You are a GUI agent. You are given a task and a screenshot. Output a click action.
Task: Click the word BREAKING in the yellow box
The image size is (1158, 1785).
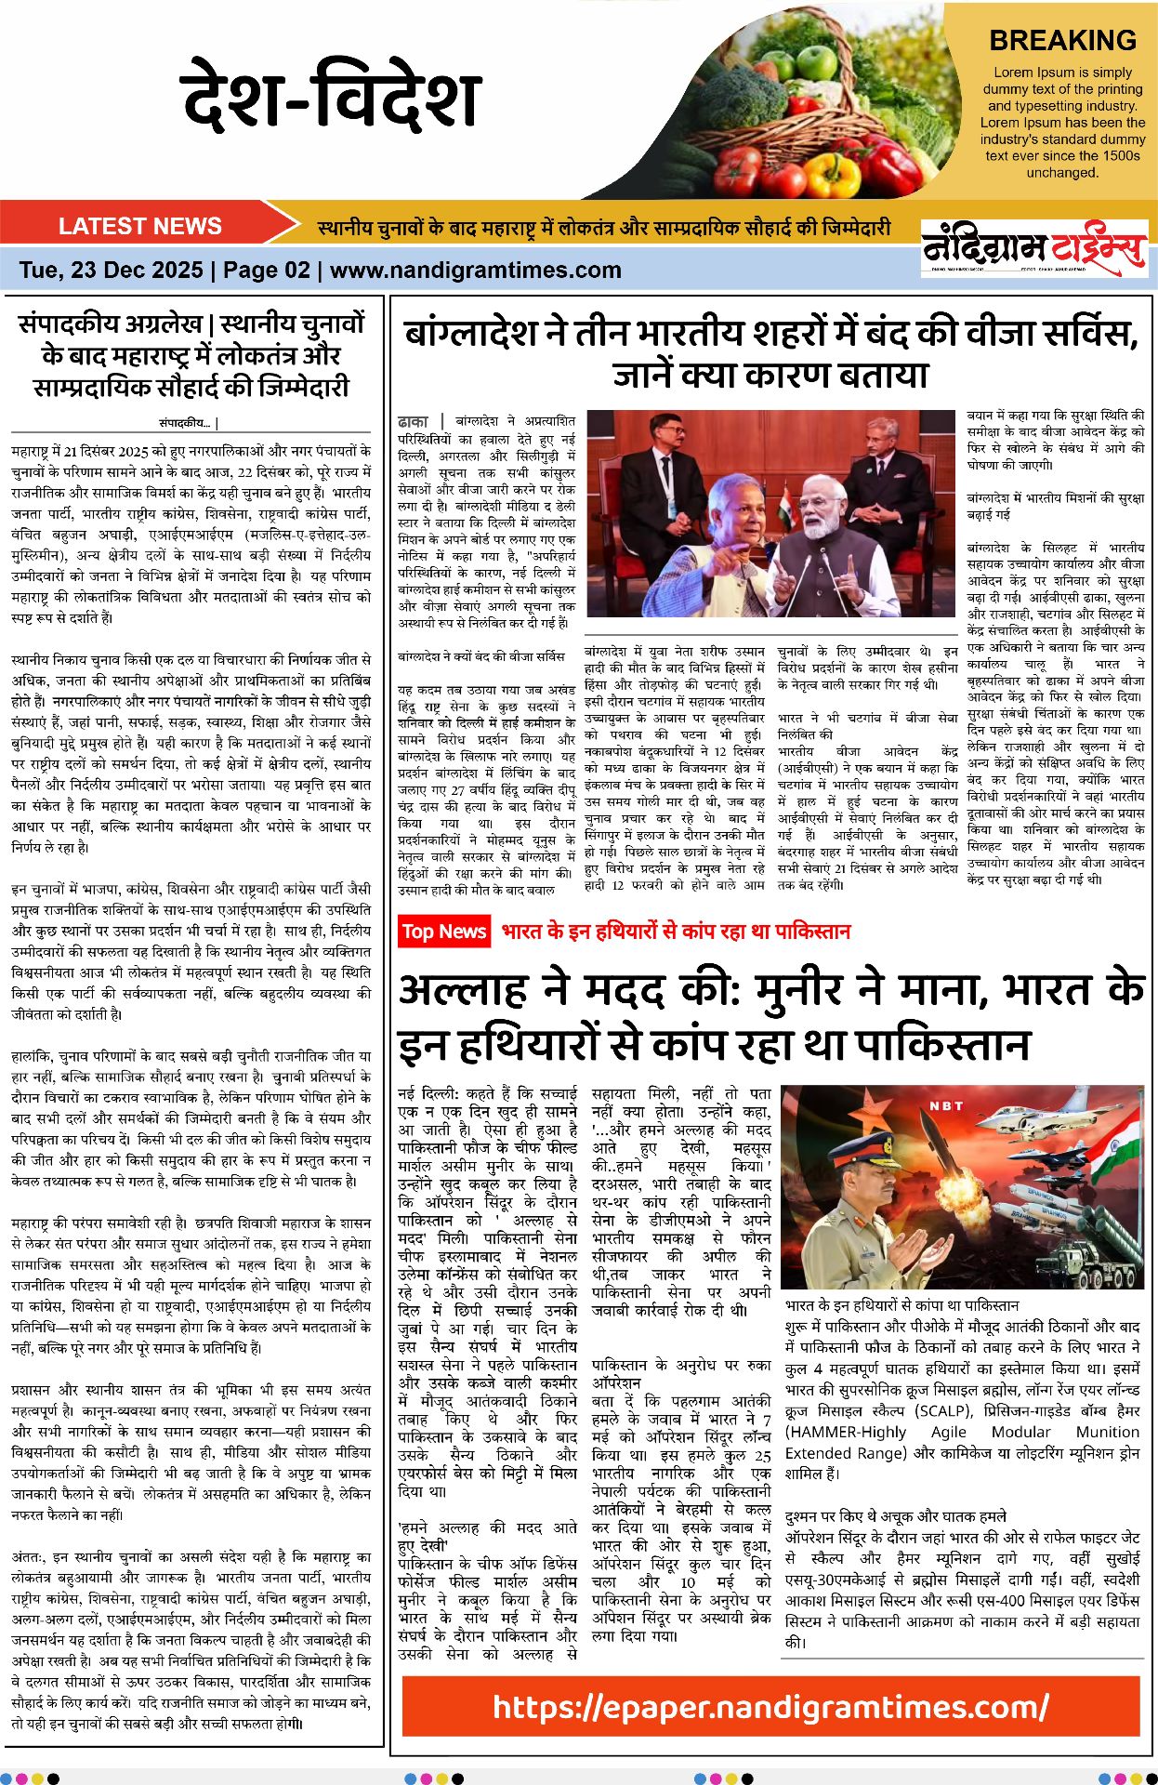click(1062, 40)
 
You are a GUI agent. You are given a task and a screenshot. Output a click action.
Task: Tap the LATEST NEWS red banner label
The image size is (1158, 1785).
click(139, 226)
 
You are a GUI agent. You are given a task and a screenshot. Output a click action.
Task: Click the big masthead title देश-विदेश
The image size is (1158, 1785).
click(331, 95)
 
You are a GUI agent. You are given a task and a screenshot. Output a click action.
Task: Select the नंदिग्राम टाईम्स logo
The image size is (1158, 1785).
click(1033, 247)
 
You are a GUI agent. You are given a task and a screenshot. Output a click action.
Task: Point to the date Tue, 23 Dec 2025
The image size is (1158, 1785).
click(111, 271)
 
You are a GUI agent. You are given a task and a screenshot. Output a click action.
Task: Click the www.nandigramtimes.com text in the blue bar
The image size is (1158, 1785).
click(475, 271)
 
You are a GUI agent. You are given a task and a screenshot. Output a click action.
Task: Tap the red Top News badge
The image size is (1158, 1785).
click(444, 932)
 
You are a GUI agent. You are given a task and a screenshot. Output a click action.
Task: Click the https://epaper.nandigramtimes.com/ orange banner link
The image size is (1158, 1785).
click(770, 1707)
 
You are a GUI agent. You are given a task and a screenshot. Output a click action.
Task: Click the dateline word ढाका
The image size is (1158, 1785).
click(413, 421)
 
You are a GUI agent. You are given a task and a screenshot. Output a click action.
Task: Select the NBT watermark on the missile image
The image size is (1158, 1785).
click(946, 1106)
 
